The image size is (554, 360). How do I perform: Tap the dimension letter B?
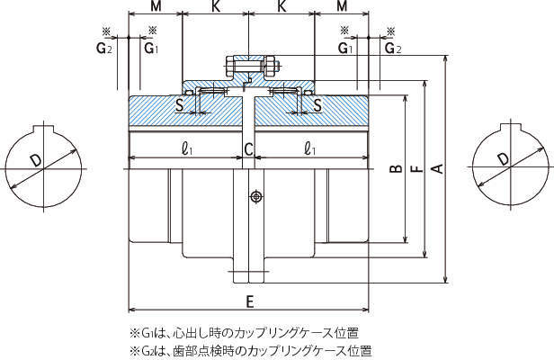[393, 168]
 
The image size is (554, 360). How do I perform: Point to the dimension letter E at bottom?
[249, 301]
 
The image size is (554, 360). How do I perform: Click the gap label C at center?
[248, 149]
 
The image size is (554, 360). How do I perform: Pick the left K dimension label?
[216, 7]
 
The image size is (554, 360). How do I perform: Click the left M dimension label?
[156, 7]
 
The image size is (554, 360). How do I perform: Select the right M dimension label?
[342, 7]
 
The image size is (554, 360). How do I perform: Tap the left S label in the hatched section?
[180, 106]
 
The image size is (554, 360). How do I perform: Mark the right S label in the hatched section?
[317, 106]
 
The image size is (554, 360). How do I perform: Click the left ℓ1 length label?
[186, 149]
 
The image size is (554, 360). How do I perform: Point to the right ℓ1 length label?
[310, 149]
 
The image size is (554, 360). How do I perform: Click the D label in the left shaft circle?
[36, 160]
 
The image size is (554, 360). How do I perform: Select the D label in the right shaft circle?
[502, 159]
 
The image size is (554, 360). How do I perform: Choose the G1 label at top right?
[346, 48]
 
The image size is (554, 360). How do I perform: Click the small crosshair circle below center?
[256, 195]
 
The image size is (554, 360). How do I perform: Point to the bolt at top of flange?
[248, 65]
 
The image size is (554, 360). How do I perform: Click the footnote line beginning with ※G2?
[251, 349]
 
